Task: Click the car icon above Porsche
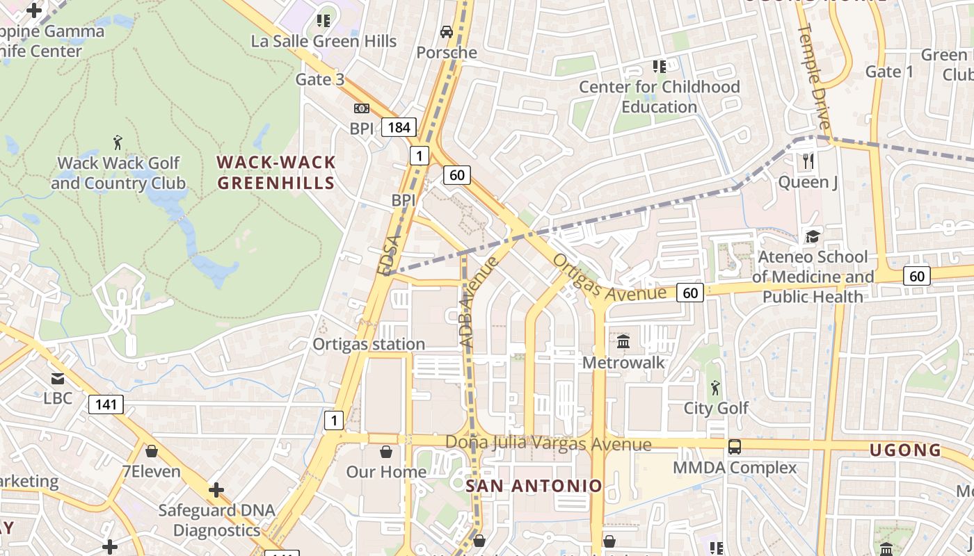point(446,32)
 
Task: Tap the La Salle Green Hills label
point(324,41)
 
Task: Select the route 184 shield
point(399,127)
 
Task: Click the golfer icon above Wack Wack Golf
point(118,142)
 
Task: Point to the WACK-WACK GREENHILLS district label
point(276,172)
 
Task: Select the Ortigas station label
point(368,344)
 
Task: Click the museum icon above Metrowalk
point(623,342)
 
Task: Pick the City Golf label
point(716,408)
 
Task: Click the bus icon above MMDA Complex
point(734,447)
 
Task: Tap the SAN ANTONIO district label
point(534,486)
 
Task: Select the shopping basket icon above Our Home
point(386,452)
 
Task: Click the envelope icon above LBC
point(58,379)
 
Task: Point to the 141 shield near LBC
point(106,404)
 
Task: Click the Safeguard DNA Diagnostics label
point(216,520)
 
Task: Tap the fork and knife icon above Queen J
point(808,161)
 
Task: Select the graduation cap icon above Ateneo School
point(812,236)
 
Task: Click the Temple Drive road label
point(814,76)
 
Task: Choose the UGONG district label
point(905,450)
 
